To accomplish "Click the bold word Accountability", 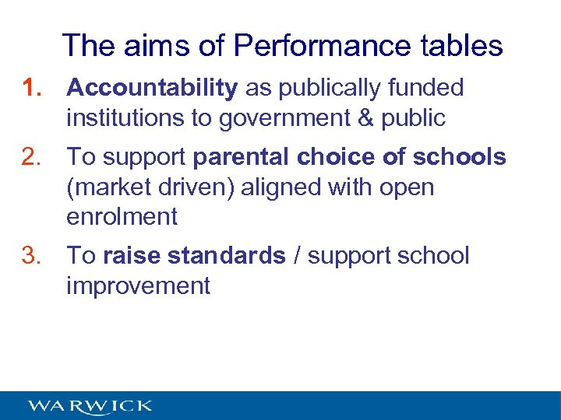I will pyautogui.click(x=152, y=89).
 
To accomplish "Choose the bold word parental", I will pyautogui.click(x=242, y=157).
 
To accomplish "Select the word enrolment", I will pyautogui.click(x=122, y=216).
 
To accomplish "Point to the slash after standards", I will pyautogui.click(x=298, y=256).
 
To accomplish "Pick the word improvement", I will pyautogui.click(x=139, y=285).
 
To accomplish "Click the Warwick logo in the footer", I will pyautogui.click(x=90, y=406).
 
